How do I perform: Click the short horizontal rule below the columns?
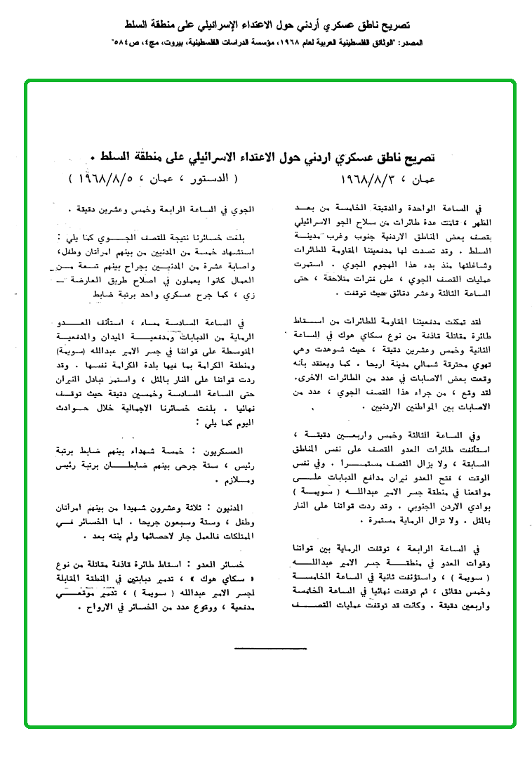click(270, 647)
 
